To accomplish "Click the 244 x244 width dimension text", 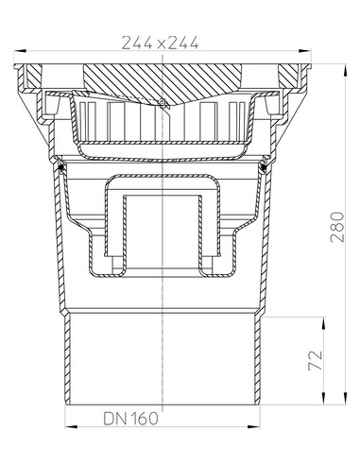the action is click(160, 43).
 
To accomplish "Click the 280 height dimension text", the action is click(337, 227).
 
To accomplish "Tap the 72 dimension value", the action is click(316, 360).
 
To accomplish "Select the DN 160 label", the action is click(131, 419).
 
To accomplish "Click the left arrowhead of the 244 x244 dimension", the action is click(20, 50).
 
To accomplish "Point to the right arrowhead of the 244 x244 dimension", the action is click(305, 50).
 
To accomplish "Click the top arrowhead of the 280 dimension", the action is click(346, 70).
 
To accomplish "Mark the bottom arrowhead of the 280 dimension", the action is click(346, 398).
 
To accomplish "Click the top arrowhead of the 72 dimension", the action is click(323, 324).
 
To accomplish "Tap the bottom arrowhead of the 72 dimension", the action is click(323, 398).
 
